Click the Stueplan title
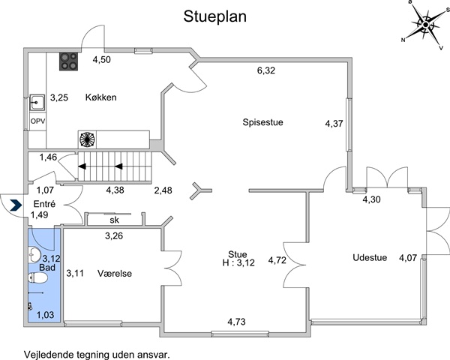pos(215,16)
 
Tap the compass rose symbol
pos(425,25)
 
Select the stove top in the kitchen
pos(69,61)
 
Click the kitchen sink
pos(37,103)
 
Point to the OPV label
pos(38,121)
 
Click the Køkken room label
pos(101,97)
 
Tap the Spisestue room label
pos(263,122)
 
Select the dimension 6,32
pos(266,70)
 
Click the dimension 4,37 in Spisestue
pos(334,124)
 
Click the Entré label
pos(44,204)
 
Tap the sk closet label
pos(114,220)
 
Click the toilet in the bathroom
pos(38,278)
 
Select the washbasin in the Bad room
pos(34,254)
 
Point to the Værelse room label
pos(115,273)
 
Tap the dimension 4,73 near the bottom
pos(236,322)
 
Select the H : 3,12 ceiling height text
pos(238,263)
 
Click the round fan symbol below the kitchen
pos(87,139)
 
